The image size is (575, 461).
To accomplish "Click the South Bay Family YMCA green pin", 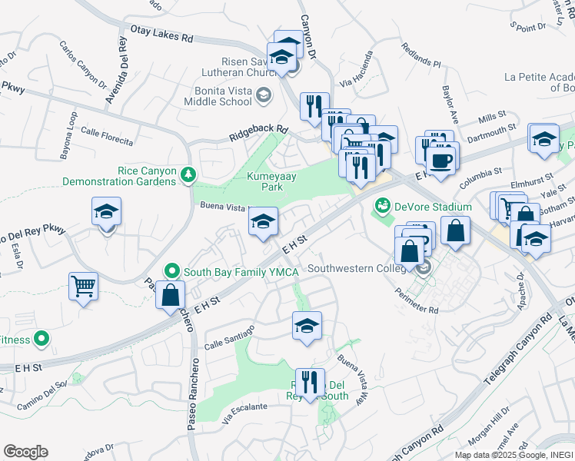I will [x=171, y=271].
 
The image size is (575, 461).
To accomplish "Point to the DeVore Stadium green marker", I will [x=383, y=206].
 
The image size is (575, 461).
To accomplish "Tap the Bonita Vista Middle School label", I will [x=221, y=96].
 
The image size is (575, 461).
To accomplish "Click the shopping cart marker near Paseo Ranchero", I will [x=83, y=287].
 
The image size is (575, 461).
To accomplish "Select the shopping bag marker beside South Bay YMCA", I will [x=170, y=294].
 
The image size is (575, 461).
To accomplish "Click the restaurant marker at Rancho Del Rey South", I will [x=310, y=382].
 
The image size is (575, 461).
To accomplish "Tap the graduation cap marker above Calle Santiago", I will [x=307, y=326].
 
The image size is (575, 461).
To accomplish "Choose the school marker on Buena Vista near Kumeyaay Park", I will [x=263, y=223].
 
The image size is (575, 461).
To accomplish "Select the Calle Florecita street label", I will [x=108, y=136].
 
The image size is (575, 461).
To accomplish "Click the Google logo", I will [x=25, y=452].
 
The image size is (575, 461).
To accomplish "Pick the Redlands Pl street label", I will [x=420, y=55].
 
